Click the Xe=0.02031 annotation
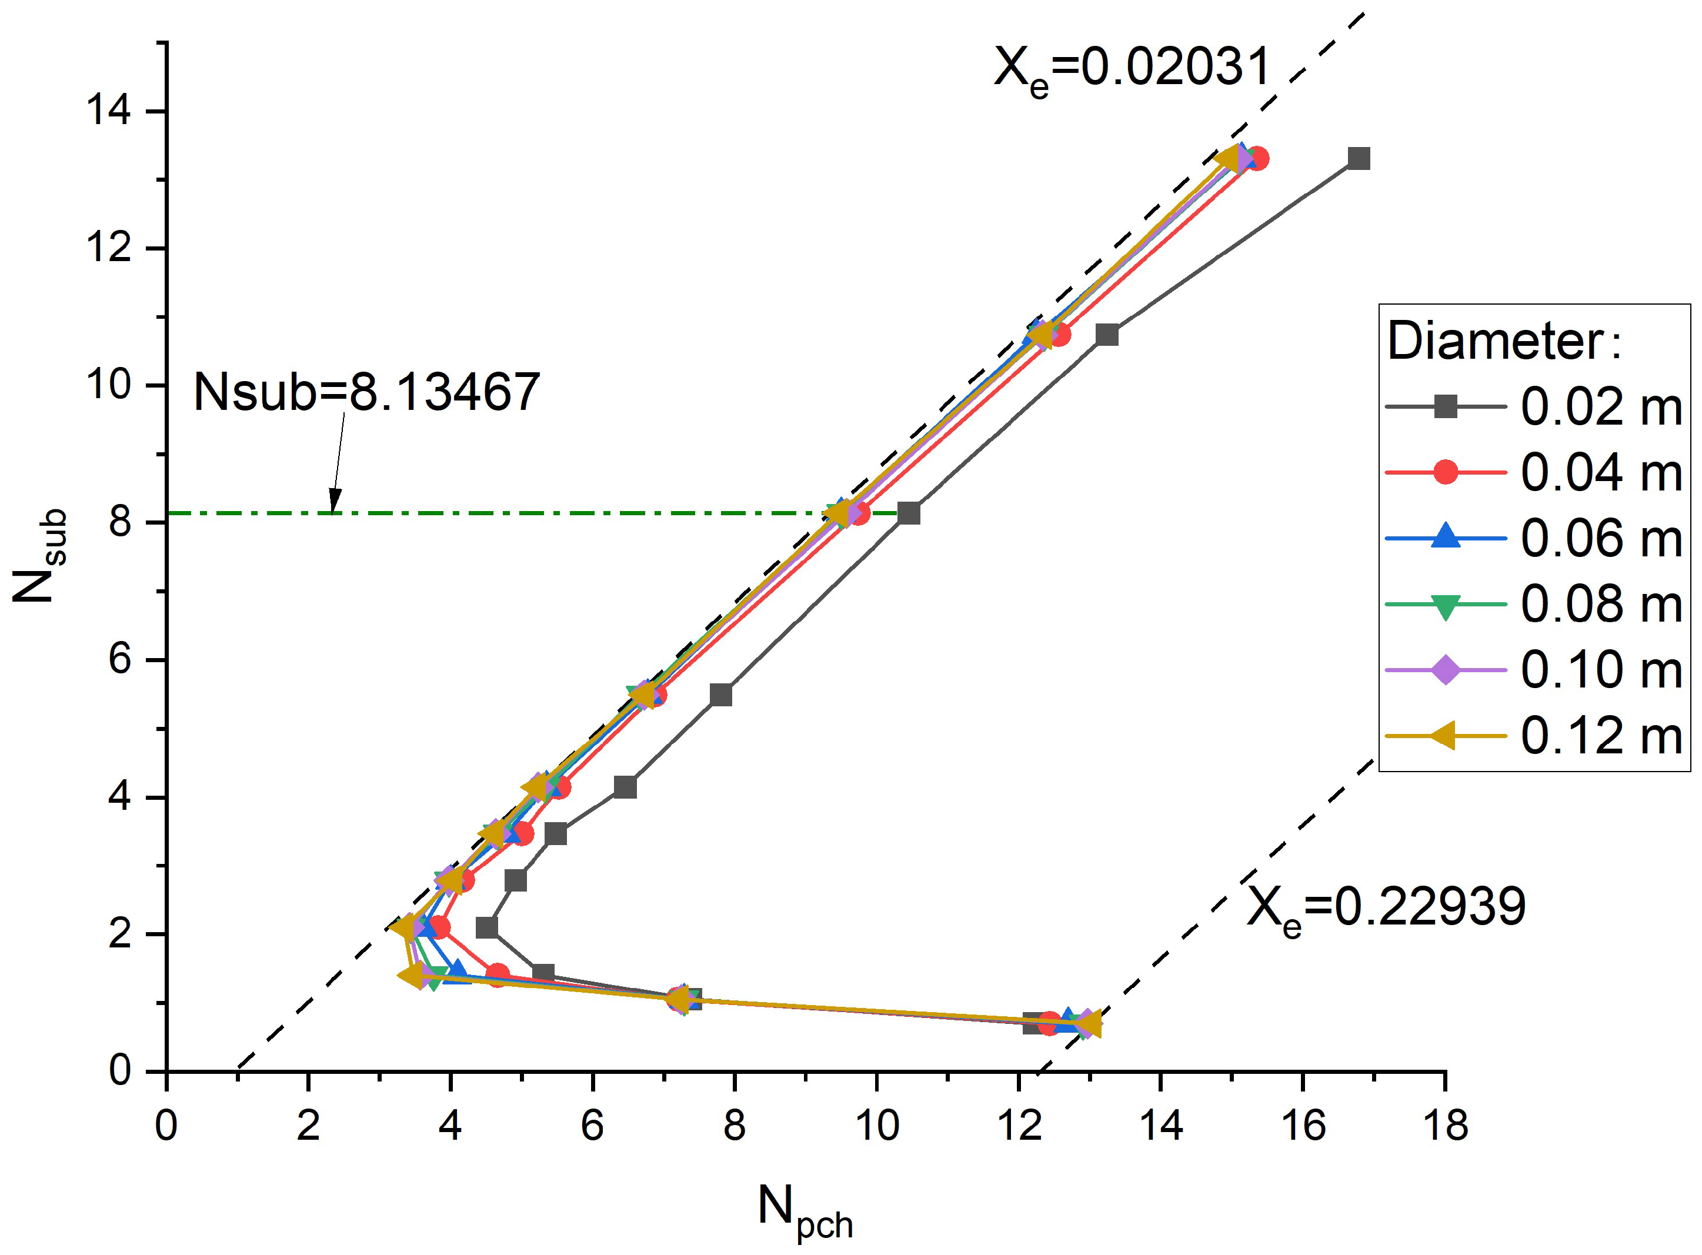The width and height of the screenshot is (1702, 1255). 1132,70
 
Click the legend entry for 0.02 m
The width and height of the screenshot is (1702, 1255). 1534,406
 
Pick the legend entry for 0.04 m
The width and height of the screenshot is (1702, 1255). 1534,472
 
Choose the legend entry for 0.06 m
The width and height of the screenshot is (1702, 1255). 1534,538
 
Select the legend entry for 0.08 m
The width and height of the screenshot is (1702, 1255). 1534,604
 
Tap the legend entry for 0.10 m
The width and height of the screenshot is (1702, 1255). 1534,670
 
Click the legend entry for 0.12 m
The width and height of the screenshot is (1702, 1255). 1534,735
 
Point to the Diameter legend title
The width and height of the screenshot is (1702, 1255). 1504,342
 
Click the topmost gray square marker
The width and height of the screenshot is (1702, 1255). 1358,159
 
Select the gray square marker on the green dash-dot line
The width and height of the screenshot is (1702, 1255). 908,513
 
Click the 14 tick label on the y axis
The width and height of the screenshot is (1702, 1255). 109,111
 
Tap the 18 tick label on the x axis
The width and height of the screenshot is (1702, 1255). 1446,1125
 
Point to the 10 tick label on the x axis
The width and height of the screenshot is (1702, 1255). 876,1125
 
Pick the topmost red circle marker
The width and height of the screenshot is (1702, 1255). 1257,159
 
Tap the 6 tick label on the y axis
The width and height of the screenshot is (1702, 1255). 119,659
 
